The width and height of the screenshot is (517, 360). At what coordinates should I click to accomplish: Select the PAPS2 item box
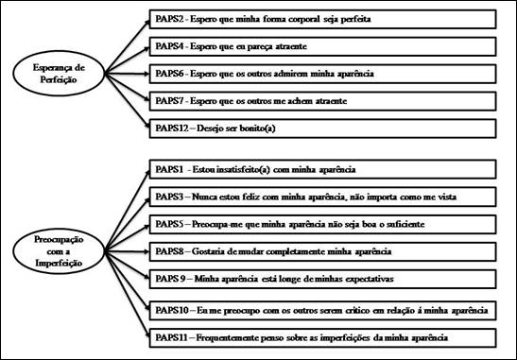tap(322, 18)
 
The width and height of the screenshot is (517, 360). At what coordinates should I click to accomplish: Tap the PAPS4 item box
tap(322, 45)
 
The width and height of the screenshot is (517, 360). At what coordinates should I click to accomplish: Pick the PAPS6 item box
tap(322, 73)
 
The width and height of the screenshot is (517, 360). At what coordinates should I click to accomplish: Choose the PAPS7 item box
tap(322, 100)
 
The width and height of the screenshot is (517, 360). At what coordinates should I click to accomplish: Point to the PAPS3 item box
tap(322, 197)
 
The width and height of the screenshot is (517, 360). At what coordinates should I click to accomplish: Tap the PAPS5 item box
tap(322, 225)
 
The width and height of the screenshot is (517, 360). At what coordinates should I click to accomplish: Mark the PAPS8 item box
tap(322, 252)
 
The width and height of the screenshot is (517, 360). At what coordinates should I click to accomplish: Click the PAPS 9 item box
tap(322, 281)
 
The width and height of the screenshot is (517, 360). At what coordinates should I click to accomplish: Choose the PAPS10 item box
tap(322, 309)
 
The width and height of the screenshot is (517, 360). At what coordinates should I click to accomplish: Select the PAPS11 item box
tap(322, 336)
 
